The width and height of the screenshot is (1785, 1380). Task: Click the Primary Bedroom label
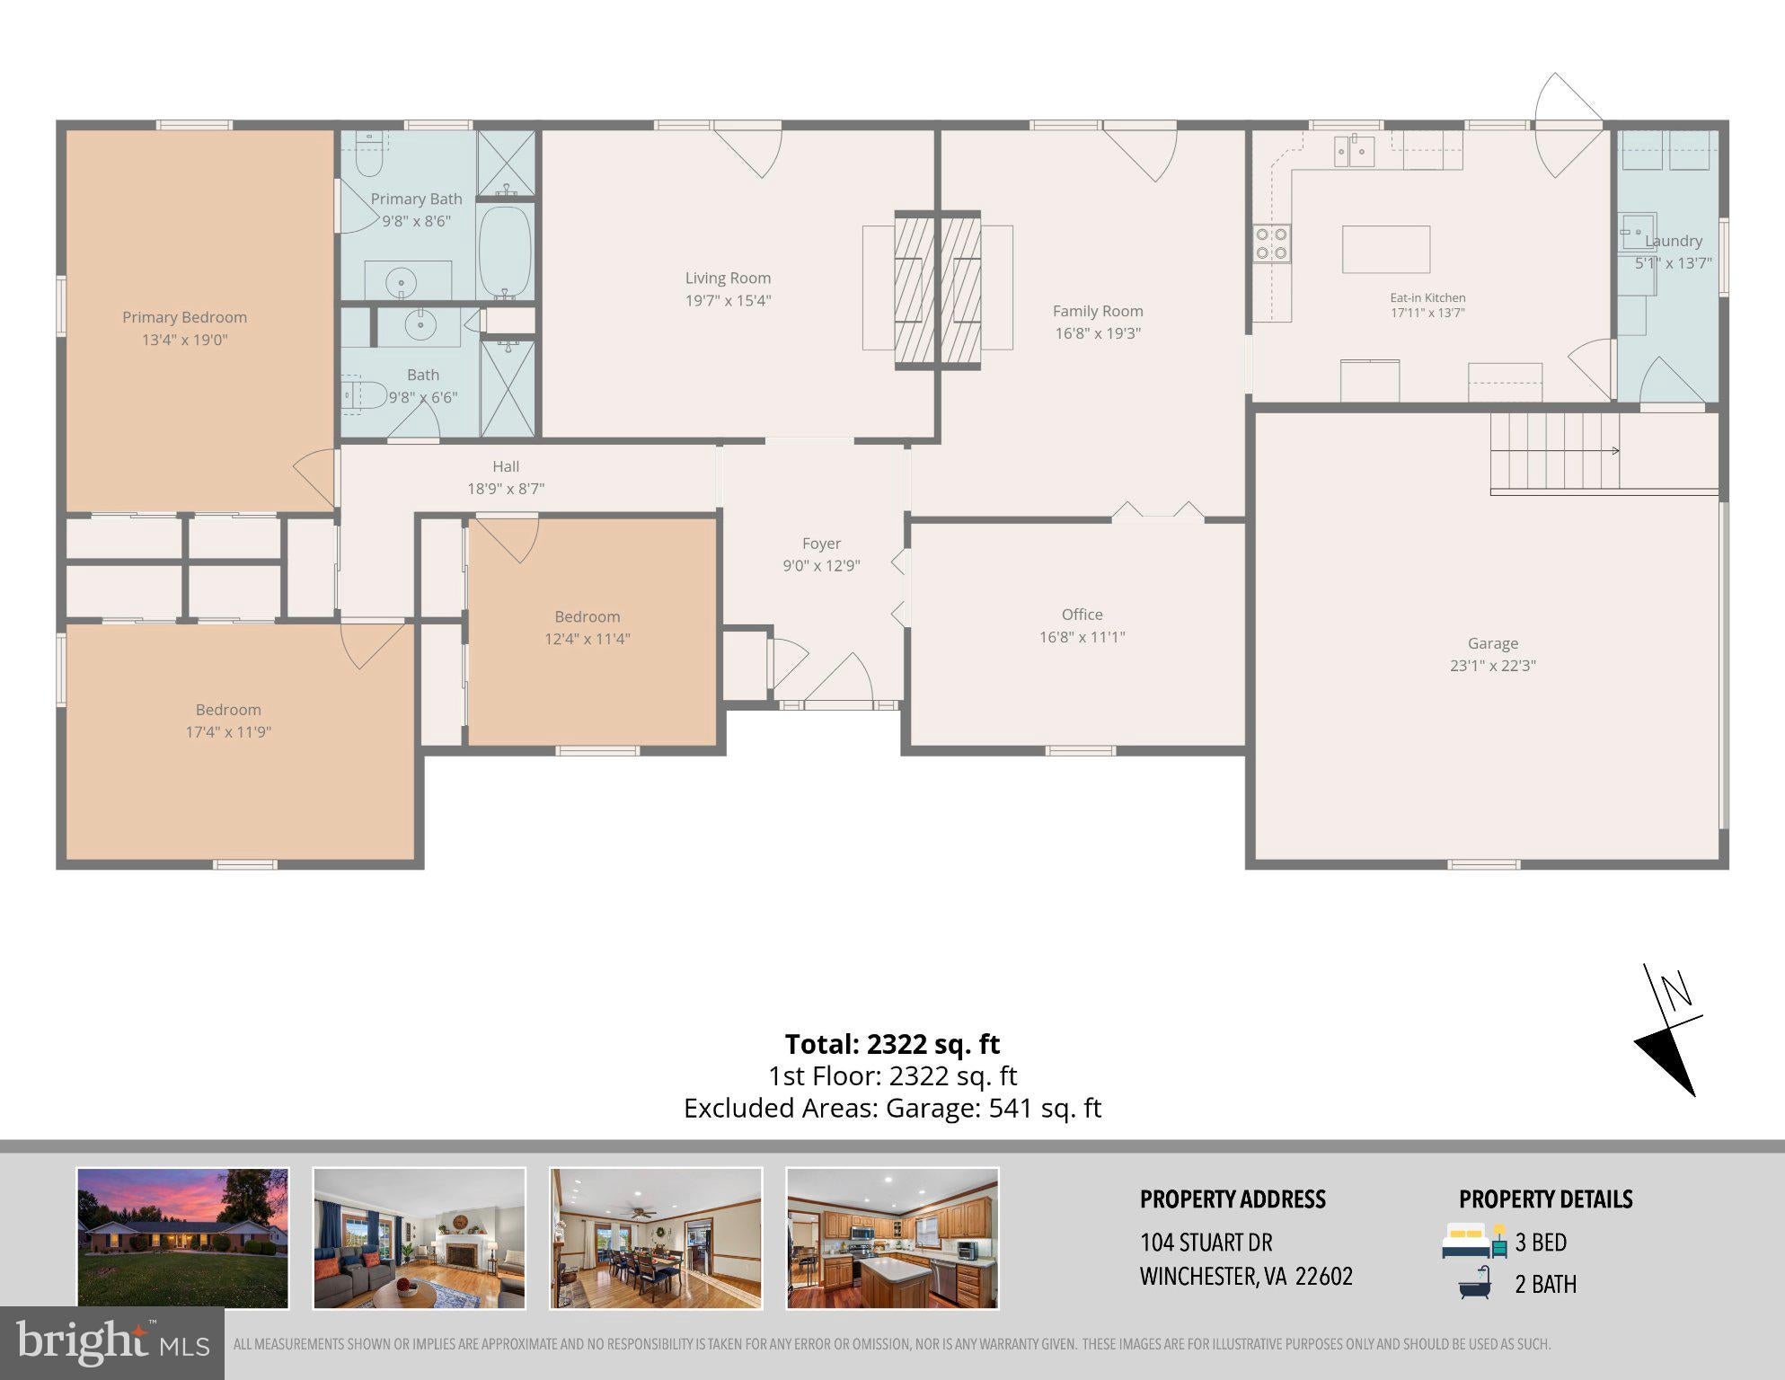[184, 317]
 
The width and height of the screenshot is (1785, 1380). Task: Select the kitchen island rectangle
[1386, 249]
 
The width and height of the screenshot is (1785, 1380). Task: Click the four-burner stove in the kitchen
[1272, 243]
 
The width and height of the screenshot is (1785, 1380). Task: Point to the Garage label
[1493, 643]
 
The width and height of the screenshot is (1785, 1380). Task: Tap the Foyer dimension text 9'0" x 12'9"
[821, 566]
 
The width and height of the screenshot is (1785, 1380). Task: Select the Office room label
[1082, 615]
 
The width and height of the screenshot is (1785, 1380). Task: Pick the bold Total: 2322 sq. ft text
[892, 1044]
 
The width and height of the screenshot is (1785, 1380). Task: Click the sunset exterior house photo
[183, 1238]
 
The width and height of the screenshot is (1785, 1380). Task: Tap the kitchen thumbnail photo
[892, 1238]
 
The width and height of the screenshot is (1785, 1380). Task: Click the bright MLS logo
[112, 1342]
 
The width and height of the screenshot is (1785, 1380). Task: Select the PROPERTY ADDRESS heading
[1233, 1199]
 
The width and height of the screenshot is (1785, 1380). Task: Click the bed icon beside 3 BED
[1474, 1241]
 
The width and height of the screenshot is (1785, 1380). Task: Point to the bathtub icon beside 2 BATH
[1475, 1283]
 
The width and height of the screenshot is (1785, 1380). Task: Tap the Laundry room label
[1674, 241]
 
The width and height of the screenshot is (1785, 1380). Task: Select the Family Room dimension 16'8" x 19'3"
[1098, 333]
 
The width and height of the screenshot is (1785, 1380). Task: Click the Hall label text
[506, 466]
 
